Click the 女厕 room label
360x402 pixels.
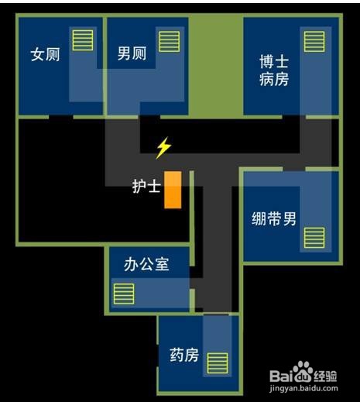[45, 54]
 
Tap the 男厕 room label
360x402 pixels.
[132, 53]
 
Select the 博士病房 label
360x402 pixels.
[274, 70]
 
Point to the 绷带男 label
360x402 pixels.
[274, 218]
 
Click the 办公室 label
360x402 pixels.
[146, 264]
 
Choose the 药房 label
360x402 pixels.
[184, 355]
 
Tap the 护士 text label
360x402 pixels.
[146, 186]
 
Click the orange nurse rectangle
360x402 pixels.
[173, 190]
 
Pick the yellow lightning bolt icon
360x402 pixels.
[163, 148]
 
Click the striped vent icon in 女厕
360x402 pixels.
[83, 40]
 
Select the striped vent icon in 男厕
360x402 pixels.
[169, 42]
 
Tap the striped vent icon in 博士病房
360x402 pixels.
[314, 42]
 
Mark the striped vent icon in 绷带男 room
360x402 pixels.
[314, 238]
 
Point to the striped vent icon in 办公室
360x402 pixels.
[124, 294]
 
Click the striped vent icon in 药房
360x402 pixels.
[218, 363]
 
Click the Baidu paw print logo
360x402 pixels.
[301, 371]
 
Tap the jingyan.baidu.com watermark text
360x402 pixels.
[303, 388]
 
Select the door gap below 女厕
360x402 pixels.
[61, 117]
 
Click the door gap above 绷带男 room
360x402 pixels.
[294, 169]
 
